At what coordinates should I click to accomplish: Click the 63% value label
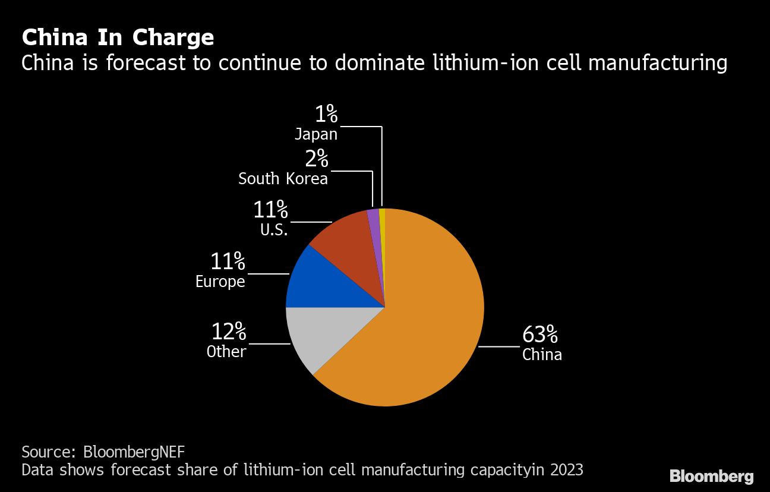(539, 335)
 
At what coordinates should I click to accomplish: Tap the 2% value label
(317, 159)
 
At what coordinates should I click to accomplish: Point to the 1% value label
(326, 115)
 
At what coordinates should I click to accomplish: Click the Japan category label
(316, 134)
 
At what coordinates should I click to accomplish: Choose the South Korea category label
(283, 179)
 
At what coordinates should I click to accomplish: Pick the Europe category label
(220, 281)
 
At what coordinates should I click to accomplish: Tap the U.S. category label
(273, 229)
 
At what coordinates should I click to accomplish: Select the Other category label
(226, 352)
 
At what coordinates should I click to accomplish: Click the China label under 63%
(542, 355)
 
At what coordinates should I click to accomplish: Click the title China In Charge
(118, 37)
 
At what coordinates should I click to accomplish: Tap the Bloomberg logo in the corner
(711, 476)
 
